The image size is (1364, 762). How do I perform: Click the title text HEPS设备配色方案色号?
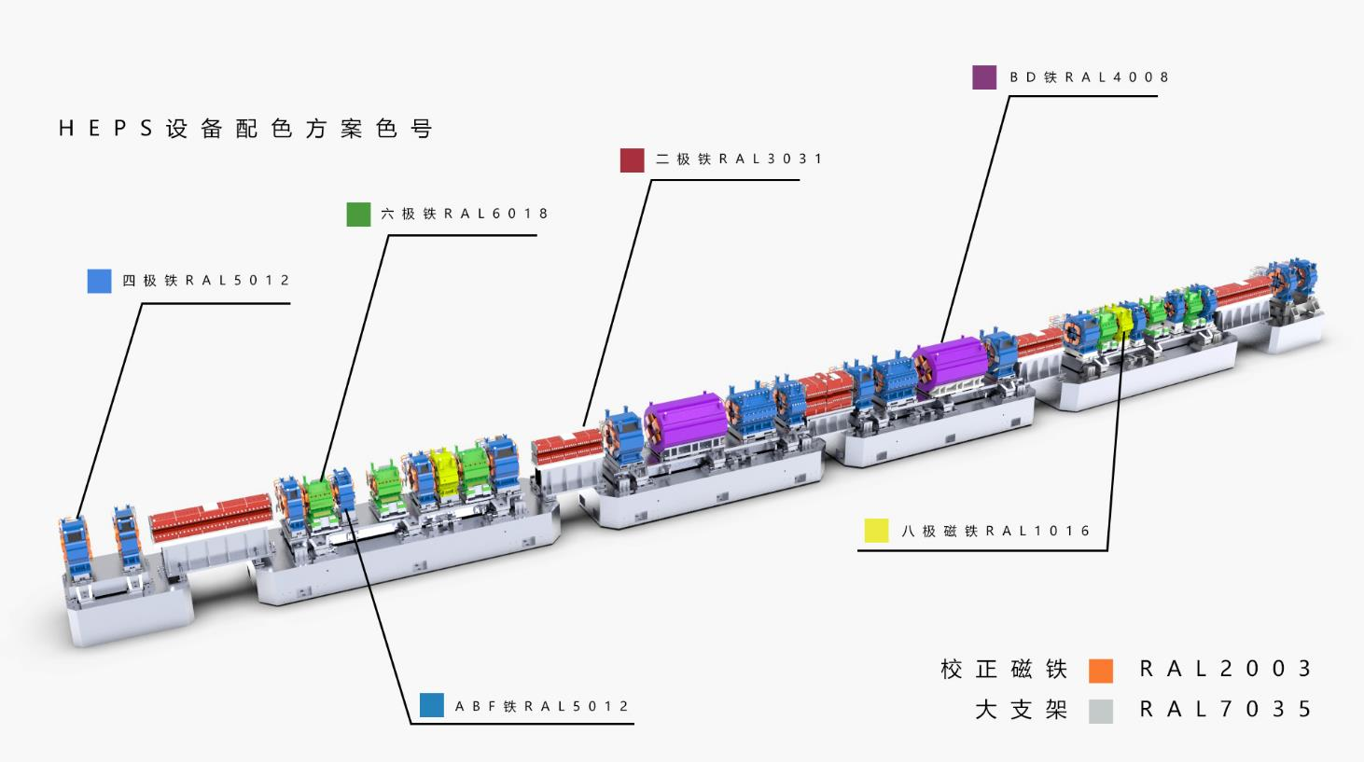(x=245, y=129)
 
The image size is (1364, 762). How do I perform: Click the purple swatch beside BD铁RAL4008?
(x=984, y=77)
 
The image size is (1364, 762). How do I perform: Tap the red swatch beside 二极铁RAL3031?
(x=632, y=159)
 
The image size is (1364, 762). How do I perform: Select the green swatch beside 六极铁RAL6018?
(x=358, y=215)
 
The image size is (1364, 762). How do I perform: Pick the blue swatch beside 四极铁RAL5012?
(x=99, y=281)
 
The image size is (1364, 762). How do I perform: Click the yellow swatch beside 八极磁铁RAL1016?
(x=876, y=531)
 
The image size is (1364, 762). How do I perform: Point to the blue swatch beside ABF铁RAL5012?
(x=431, y=706)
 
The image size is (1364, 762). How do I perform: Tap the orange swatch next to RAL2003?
(x=1101, y=670)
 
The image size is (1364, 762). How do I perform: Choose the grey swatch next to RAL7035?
(x=1101, y=711)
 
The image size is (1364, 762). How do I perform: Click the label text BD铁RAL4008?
(x=1089, y=77)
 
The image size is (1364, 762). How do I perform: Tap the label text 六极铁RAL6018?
(x=465, y=215)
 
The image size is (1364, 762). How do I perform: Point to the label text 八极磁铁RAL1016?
(x=995, y=532)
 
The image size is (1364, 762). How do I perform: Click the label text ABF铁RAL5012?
(x=542, y=707)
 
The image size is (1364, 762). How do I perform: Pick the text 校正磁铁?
(x=1003, y=670)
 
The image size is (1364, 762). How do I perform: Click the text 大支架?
(x=1021, y=710)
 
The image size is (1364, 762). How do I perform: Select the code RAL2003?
(x=1226, y=669)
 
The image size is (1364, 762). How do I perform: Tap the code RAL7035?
(x=1226, y=710)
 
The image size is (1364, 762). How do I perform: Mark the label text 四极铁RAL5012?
(x=206, y=281)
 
